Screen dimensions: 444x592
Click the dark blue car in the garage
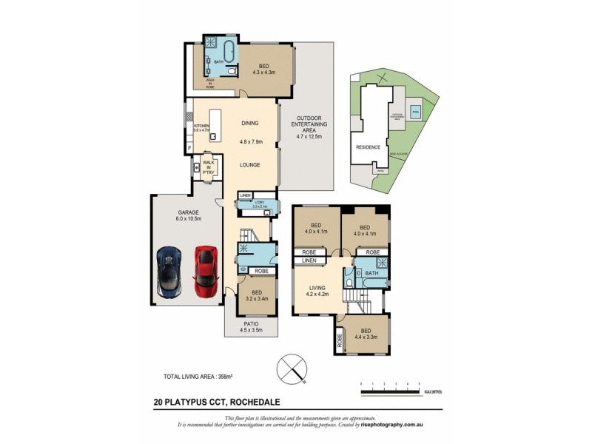[x=169, y=271]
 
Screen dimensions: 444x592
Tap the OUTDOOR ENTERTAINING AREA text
[x=305, y=128]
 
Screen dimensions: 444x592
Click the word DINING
[x=250, y=124]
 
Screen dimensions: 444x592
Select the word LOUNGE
[x=250, y=164]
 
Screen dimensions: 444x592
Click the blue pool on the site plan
[x=415, y=112]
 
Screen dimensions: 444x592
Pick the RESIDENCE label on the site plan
[x=369, y=147]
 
